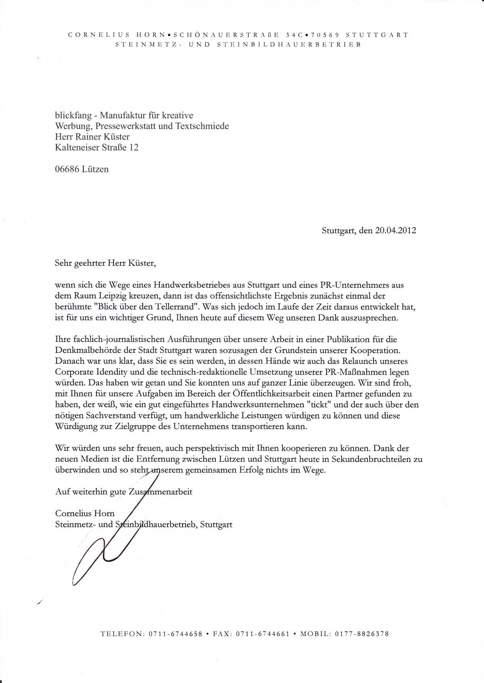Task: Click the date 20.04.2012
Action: [395, 230]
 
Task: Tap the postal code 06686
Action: [67, 169]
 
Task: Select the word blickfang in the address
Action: [73, 115]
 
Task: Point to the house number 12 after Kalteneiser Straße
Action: [134, 147]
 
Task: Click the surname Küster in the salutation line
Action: [141, 263]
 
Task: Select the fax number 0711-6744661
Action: [263, 634]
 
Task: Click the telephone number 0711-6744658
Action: [175, 634]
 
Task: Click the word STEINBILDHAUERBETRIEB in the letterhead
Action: [289, 44]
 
